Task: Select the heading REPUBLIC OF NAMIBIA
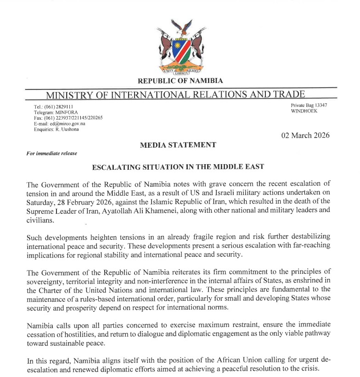click(x=180, y=81)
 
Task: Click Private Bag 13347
click(x=309, y=105)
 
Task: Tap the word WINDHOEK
click(x=304, y=111)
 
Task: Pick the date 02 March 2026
click(x=305, y=135)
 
